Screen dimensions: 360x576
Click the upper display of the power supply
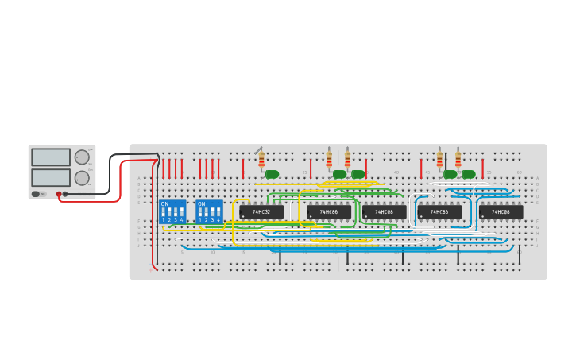point(51,157)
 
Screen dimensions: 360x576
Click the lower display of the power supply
point(51,177)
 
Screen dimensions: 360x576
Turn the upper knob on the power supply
point(82,157)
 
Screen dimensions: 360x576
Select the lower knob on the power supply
point(82,178)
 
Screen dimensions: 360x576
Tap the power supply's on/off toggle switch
point(36,194)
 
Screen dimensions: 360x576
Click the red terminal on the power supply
point(59,194)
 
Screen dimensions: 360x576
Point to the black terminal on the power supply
point(65,194)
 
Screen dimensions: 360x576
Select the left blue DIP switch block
point(172,211)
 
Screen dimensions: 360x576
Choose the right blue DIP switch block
point(209,211)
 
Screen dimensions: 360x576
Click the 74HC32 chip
point(261,212)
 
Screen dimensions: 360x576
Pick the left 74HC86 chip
point(329,212)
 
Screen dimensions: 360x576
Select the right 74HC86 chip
point(439,212)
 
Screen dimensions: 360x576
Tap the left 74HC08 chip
point(384,212)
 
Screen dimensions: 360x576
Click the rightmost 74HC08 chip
point(501,212)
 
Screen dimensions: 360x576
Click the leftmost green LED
point(272,174)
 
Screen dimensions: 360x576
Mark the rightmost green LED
point(469,174)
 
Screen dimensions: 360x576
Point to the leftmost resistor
point(261,160)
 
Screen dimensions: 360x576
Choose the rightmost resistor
point(458,159)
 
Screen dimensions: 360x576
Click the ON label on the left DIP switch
point(164,204)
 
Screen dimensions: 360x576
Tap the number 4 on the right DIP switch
point(218,219)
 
